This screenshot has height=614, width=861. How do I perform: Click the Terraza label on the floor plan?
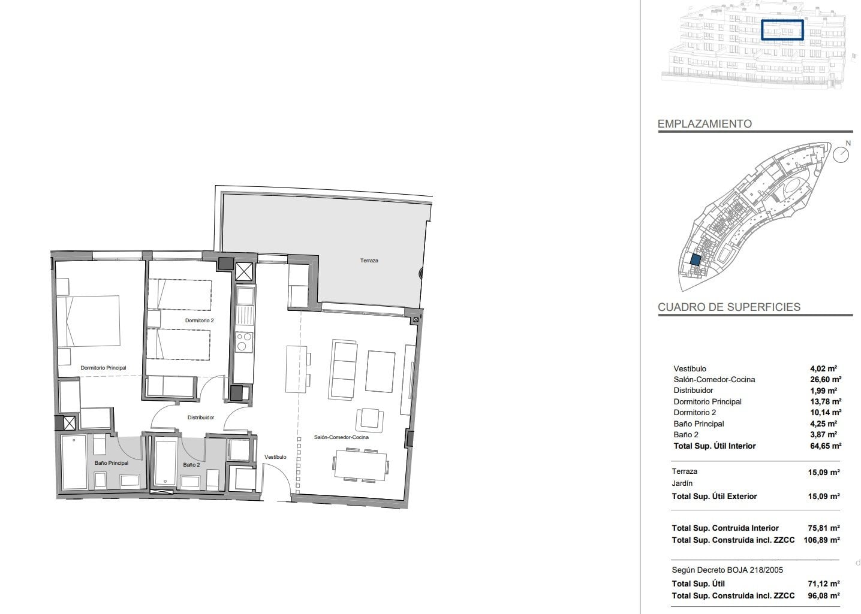(369, 261)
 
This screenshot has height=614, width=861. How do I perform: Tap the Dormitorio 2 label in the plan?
(199, 320)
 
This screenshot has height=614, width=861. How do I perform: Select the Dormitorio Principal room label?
(103, 367)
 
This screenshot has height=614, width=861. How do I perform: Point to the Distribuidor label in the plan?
(201, 418)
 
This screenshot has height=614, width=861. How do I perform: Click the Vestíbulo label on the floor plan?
(275, 457)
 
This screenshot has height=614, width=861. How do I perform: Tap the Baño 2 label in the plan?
(191, 465)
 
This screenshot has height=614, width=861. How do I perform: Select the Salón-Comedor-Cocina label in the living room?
(341, 437)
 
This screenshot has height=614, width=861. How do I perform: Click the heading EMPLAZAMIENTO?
(705, 123)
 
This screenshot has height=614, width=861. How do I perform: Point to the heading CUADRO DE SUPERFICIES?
(728, 307)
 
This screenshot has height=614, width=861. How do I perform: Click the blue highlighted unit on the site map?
(695, 260)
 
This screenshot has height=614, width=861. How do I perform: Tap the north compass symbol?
(841, 155)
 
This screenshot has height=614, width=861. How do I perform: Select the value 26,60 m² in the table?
(826, 379)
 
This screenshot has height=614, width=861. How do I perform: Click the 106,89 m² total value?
(821, 540)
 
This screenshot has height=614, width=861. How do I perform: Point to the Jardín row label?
(682, 483)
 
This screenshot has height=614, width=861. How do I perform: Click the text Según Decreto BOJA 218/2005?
(727, 570)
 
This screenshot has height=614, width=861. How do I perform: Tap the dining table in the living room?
(360, 465)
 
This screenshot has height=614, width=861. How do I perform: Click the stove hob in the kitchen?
(244, 342)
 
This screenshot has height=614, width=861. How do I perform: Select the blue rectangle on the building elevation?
(782, 30)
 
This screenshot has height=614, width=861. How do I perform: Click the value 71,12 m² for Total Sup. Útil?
(823, 583)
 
